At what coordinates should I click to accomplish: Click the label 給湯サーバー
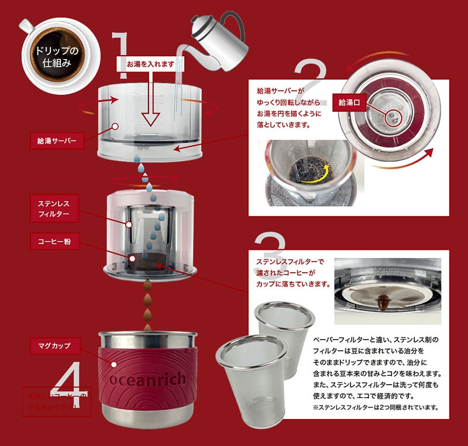(x=56, y=140)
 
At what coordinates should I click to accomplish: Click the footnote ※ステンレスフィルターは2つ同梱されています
(x=376, y=407)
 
